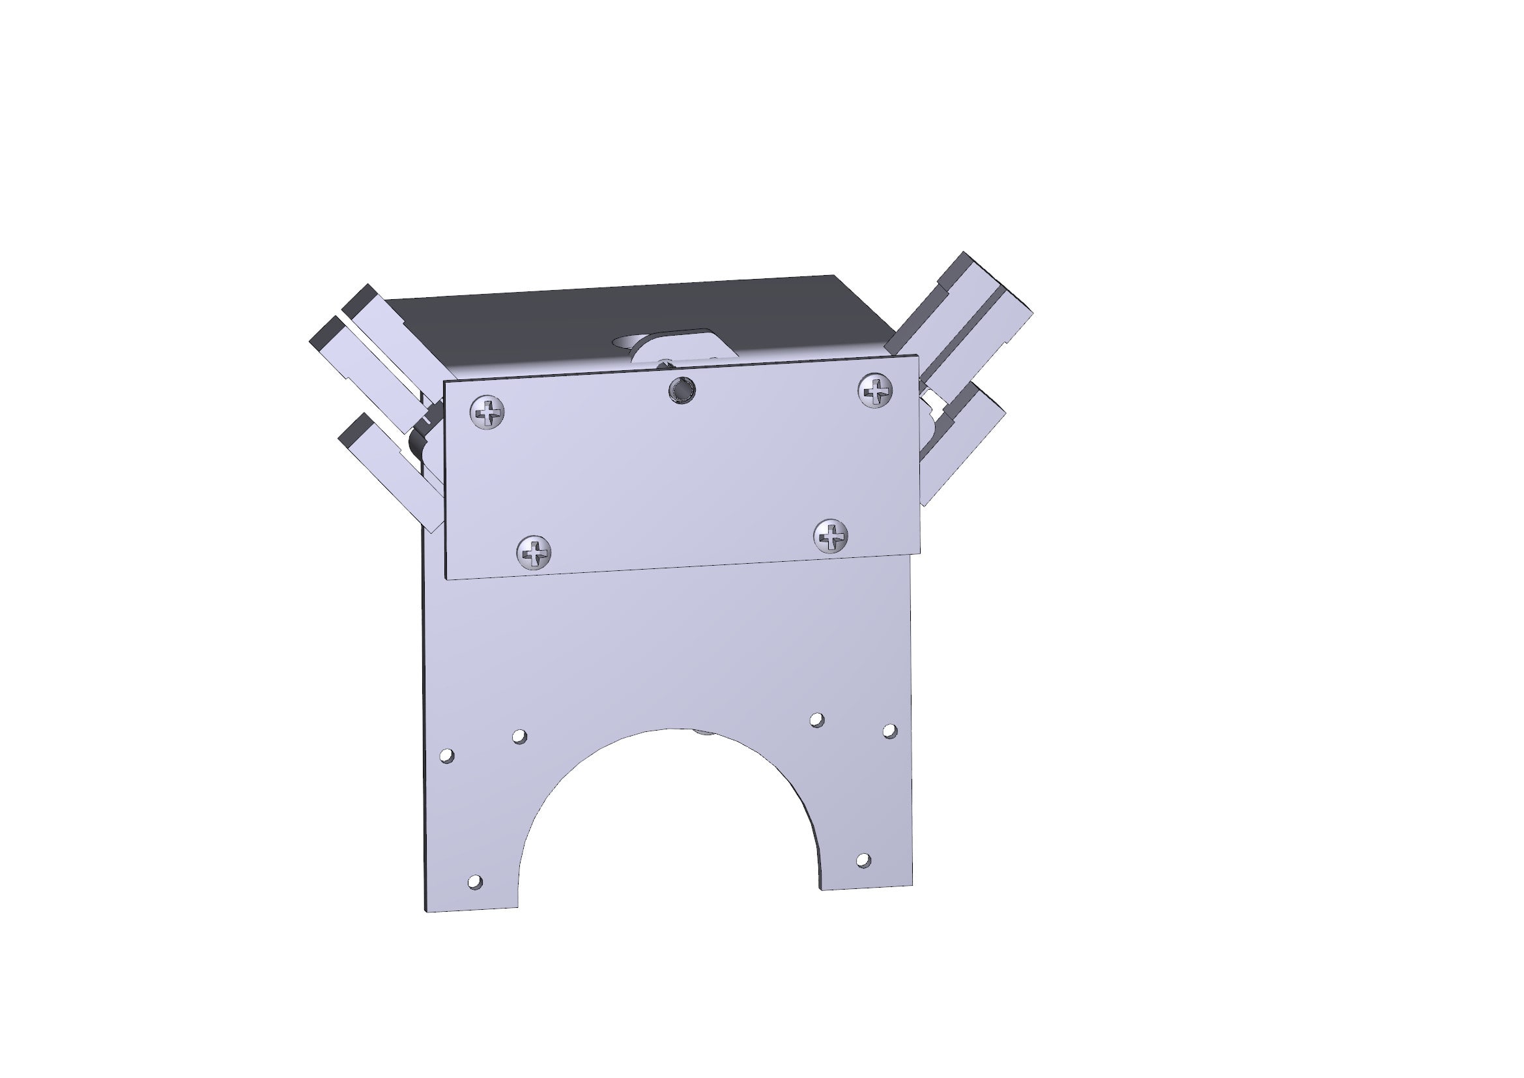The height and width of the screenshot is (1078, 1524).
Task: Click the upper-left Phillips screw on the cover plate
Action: click(487, 413)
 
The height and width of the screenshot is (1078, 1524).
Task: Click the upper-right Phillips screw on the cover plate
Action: click(876, 390)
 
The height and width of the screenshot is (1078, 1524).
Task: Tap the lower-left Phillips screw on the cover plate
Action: click(534, 551)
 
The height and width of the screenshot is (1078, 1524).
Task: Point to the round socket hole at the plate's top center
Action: click(682, 390)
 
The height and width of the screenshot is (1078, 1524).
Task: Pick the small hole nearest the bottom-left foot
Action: click(475, 882)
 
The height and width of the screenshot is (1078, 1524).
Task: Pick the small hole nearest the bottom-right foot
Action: click(863, 860)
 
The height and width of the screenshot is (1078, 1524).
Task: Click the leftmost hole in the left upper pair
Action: click(448, 755)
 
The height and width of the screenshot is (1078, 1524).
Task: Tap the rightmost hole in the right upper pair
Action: click(889, 731)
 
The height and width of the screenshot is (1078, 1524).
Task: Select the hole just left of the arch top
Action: click(520, 736)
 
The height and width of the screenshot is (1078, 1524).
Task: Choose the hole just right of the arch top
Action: click(817, 720)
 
